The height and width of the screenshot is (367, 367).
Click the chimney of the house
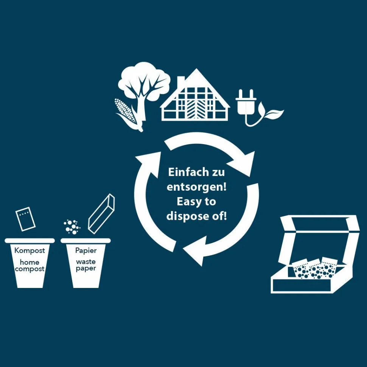click(x=181, y=82)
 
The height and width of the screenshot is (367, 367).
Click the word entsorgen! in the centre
click(x=196, y=187)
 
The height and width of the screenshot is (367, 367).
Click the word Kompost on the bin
click(x=30, y=250)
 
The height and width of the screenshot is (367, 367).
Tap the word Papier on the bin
click(x=86, y=250)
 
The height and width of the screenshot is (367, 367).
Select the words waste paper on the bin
click(x=86, y=265)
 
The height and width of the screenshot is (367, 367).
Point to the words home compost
click(x=30, y=266)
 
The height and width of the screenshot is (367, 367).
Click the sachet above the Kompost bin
click(x=25, y=219)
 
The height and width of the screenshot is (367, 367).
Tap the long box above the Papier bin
click(x=101, y=214)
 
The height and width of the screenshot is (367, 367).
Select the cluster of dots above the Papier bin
click(x=72, y=227)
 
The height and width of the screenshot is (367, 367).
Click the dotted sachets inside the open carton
click(x=315, y=268)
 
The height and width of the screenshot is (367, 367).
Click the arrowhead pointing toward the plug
click(x=243, y=164)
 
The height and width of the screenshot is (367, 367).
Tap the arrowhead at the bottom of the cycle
click(x=194, y=251)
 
